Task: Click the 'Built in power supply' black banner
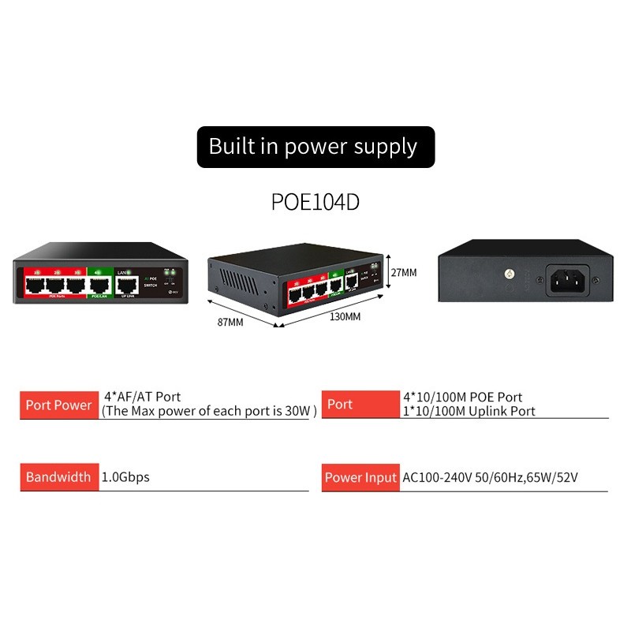tap(315, 147)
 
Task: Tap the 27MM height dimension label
tap(404, 272)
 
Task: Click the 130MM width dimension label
tap(345, 316)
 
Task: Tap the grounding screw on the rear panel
tap(510, 274)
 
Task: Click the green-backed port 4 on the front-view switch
tap(100, 286)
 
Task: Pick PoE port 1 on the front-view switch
tap(35, 286)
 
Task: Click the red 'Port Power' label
tap(59, 405)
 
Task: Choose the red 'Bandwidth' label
tap(59, 477)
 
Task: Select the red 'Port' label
tap(340, 405)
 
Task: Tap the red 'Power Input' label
tap(360, 477)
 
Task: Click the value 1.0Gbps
tap(126, 477)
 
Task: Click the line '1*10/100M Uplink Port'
tap(469, 411)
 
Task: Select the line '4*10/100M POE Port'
tap(463, 398)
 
